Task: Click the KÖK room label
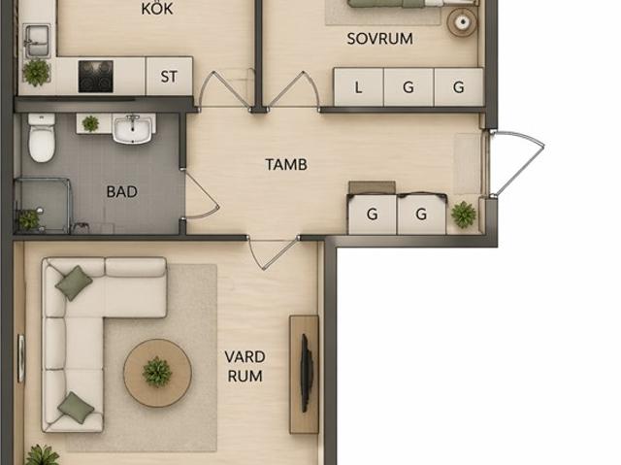[x=157, y=9]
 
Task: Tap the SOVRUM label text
[x=379, y=39]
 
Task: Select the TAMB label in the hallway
[x=286, y=164]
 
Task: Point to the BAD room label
[x=122, y=191]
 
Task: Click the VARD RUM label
[x=245, y=366]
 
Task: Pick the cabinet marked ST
[x=169, y=76]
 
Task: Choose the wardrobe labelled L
[x=358, y=87]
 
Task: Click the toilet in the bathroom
[x=42, y=137]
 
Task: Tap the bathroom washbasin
[x=133, y=129]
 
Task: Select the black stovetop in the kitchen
[x=96, y=77]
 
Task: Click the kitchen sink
[x=37, y=41]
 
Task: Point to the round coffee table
[x=157, y=373]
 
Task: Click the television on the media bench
[x=306, y=374]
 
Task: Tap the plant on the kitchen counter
[x=37, y=73]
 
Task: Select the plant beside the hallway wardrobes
[x=464, y=215]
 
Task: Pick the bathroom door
[x=202, y=194]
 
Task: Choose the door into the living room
[x=274, y=253]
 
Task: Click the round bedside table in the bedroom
[x=462, y=22]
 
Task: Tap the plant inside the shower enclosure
[x=29, y=219]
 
